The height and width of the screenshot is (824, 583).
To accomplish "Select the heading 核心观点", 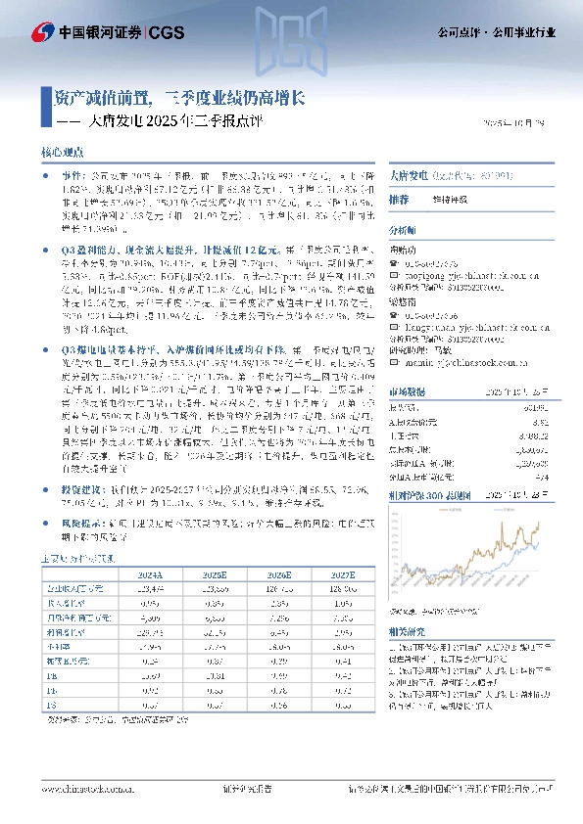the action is point(64,153).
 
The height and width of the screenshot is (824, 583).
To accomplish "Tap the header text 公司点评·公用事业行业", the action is point(496,32).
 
